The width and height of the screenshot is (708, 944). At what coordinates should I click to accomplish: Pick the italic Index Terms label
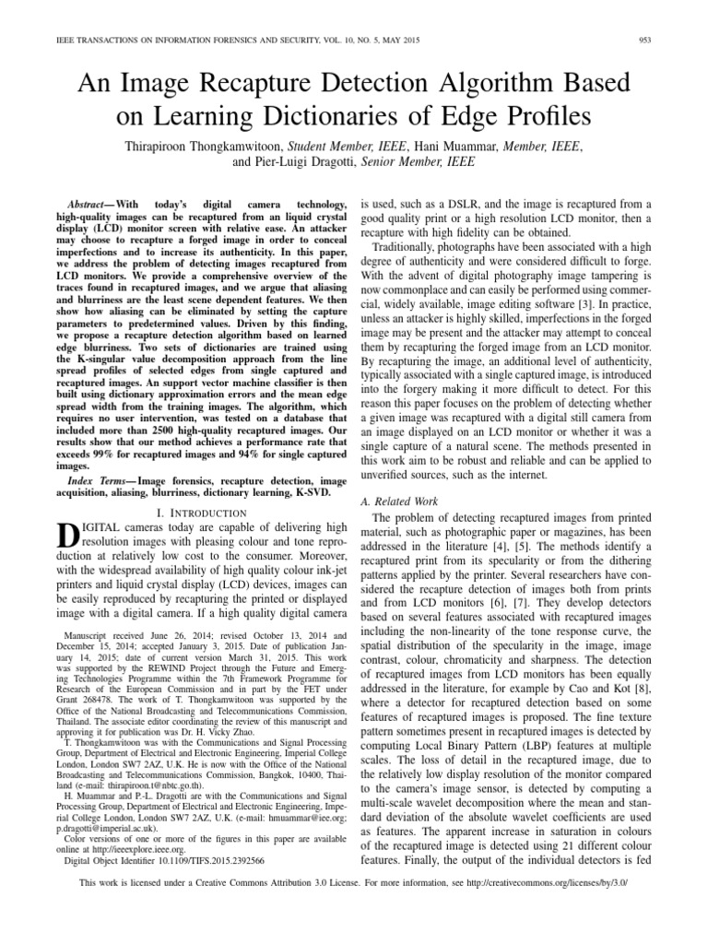[x=98, y=482]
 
